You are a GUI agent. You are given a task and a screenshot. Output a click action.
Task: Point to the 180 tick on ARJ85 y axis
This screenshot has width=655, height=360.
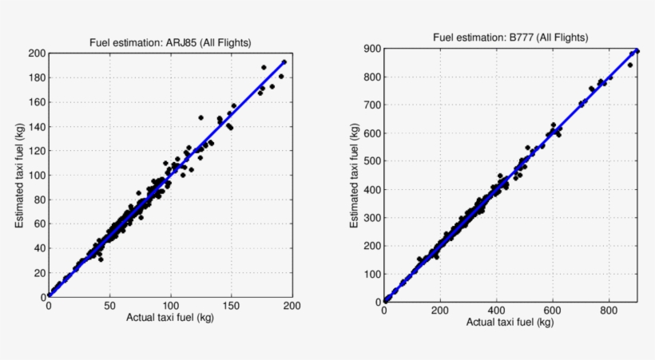[35, 77]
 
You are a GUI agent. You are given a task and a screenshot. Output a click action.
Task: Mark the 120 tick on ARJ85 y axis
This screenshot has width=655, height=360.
[35, 151]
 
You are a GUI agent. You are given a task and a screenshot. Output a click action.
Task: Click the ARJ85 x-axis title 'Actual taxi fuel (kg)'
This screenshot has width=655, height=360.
[170, 317]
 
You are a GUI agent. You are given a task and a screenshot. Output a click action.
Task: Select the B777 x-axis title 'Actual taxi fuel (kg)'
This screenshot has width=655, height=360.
[511, 322]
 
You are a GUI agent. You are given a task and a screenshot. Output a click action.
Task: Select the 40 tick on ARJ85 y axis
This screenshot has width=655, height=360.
[38, 248]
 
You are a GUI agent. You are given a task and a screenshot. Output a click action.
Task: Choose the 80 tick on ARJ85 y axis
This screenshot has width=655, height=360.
[38, 200]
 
